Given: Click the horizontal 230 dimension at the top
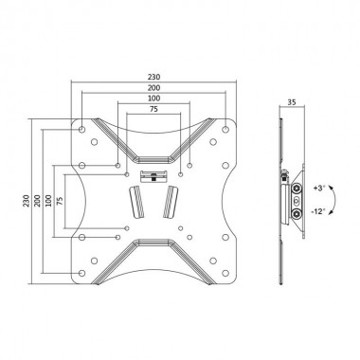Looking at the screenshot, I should coord(153,79).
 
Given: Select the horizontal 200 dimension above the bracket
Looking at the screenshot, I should coord(153,88).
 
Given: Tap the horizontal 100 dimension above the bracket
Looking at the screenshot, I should coord(153,99).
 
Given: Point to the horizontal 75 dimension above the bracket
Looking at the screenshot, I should coord(153,109).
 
